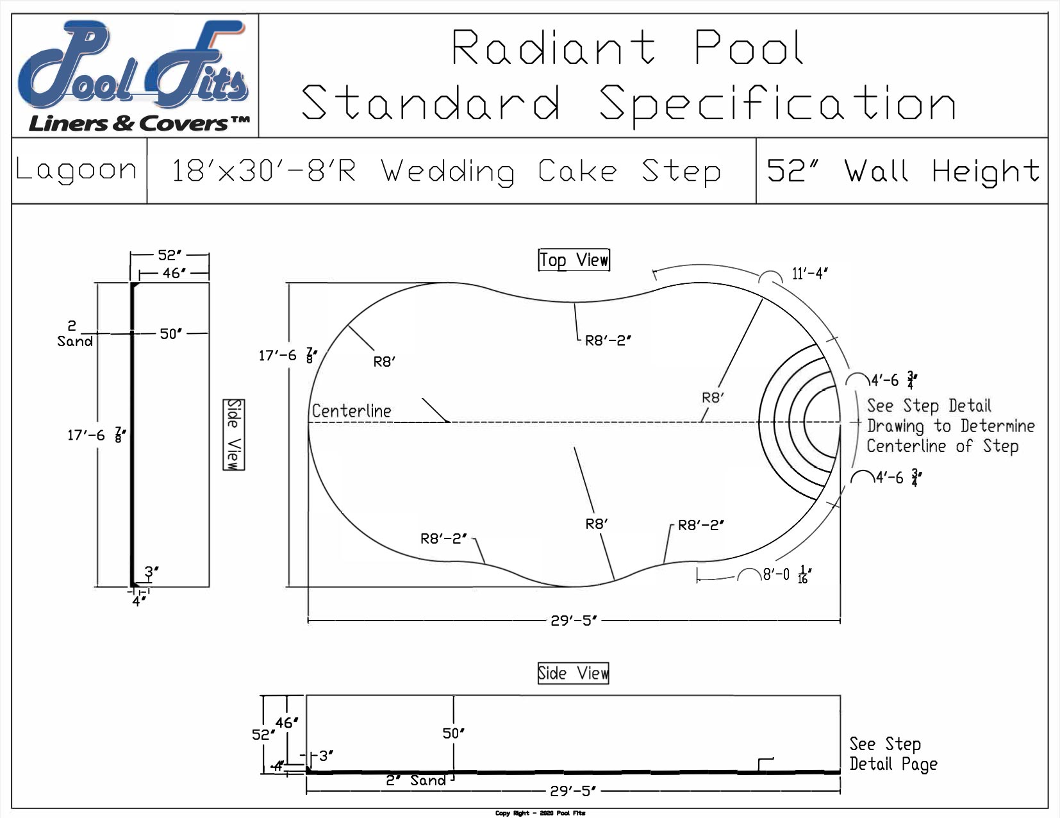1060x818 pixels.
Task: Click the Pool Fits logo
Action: (135, 76)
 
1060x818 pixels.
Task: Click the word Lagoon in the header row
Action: (77, 171)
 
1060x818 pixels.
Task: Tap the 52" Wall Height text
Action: (902, 171)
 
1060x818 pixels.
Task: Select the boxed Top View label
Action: (574, 260)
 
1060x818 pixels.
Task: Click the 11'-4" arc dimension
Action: (809, 274)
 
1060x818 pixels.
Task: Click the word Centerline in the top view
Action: (351, 411)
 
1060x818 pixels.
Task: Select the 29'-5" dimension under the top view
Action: (574, 621)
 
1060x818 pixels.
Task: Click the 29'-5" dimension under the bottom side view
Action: (573, 791)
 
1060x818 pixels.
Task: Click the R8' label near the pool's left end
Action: (384, 362)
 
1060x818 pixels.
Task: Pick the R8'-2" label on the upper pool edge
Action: (608, 341)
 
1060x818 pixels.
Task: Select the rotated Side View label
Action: (234, 434)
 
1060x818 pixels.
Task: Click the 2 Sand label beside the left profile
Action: (74, 334)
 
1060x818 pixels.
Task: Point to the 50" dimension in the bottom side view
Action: (453, 733)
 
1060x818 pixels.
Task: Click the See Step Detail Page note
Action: (892, 754)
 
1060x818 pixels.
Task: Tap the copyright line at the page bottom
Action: (540, 813)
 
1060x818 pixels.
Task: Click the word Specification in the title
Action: (777, 104)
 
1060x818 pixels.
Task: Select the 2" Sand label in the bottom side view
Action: (415, 780)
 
